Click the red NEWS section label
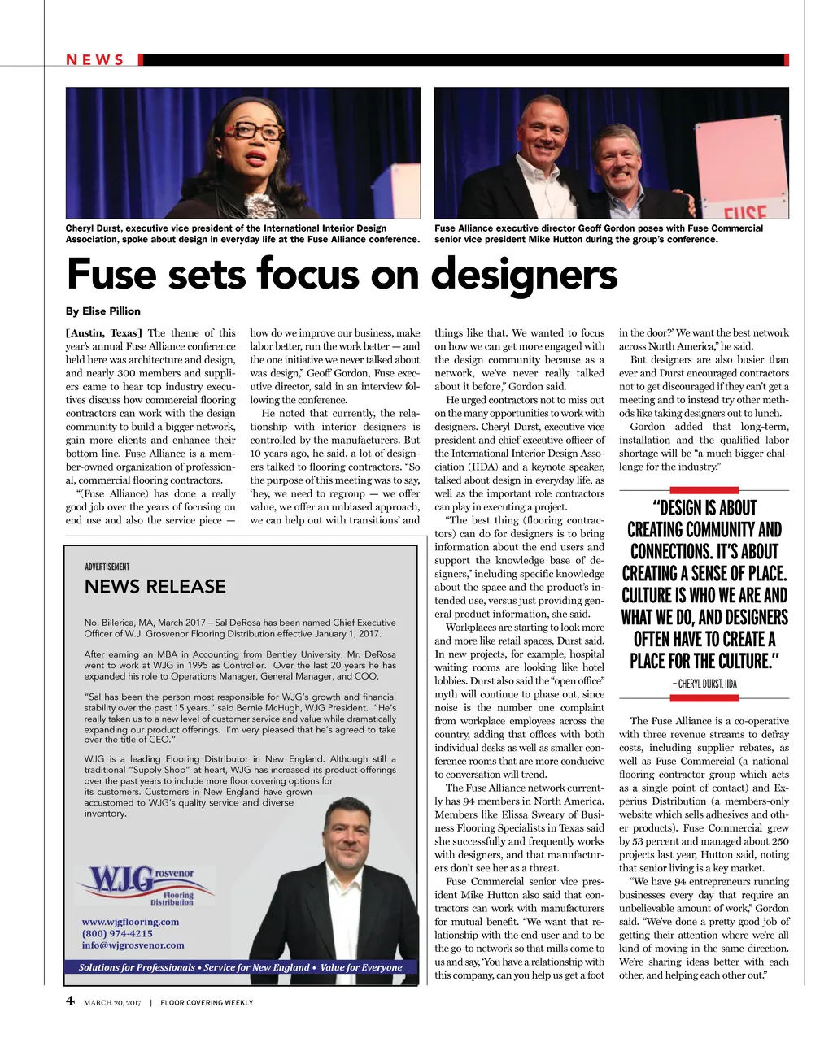point(94,60)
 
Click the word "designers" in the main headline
point(524,274)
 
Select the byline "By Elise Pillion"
point(102,311)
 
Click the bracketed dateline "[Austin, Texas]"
point(104,332)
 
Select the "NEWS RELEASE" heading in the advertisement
point(155,587)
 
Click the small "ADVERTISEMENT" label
point(107,567)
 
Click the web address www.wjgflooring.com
point(130,922)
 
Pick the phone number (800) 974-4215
point(117,933)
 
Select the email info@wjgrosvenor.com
point(133,945)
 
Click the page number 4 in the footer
point(70,1001)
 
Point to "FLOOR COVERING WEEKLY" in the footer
point(207,1003)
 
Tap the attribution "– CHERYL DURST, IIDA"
point(704,684)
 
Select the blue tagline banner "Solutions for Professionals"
point(241,967)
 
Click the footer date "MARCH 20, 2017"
point(112,1003)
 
